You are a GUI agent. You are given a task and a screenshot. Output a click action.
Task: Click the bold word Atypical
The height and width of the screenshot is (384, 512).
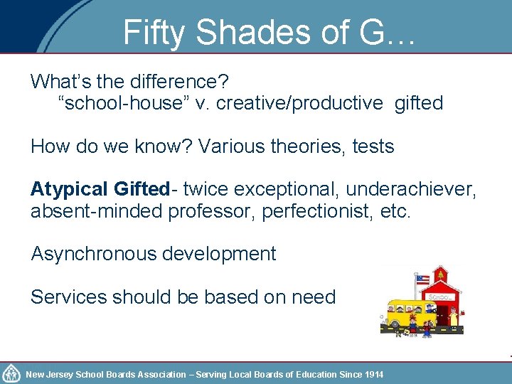click(68, 189)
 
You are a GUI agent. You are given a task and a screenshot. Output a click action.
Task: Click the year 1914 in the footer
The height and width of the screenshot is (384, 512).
click(373, 374)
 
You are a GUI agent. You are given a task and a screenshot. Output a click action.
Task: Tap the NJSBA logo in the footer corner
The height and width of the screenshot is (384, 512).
click(11, 373)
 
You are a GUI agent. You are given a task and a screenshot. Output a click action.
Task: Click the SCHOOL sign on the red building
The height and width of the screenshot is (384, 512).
click(439, 296)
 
